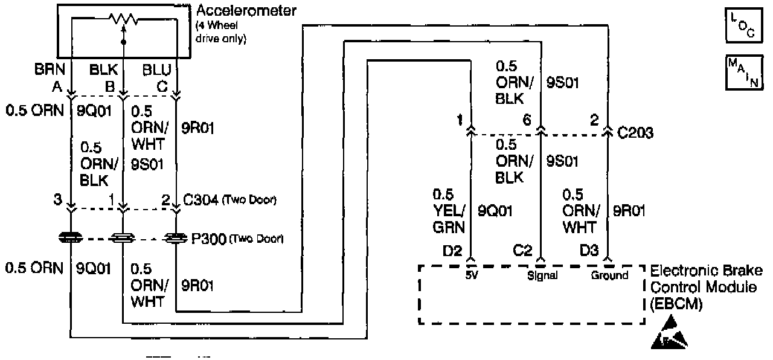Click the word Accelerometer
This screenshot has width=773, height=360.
247,11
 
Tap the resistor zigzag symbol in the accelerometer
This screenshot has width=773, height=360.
123,19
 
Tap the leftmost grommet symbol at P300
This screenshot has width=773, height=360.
71,239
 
